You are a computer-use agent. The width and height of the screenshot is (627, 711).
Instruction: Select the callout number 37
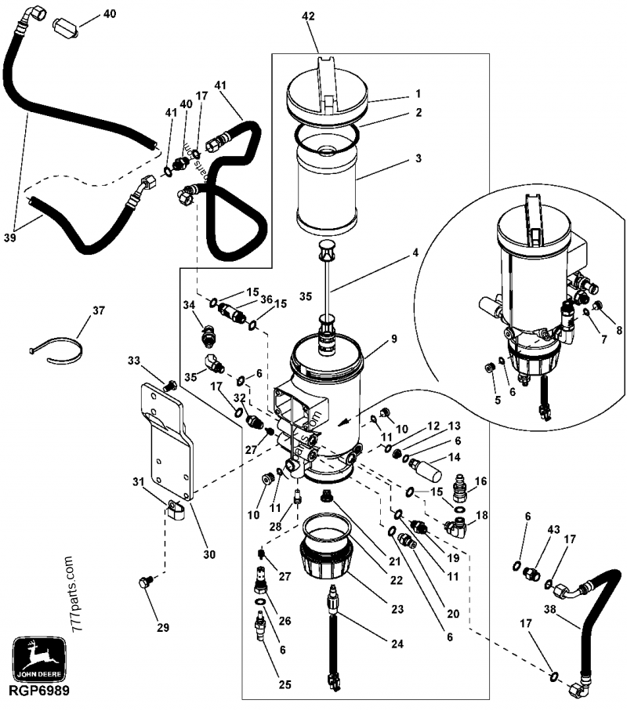pyautogui.click(x=98, y=311)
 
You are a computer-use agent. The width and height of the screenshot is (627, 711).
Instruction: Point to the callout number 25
pyautogui.click(x=285, y=684)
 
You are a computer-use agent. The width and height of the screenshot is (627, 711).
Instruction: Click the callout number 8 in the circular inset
pyautogui.click(x=618, y=331)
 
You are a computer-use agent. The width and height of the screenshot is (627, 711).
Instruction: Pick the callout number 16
pyautogui.click(x=481, y=480)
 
